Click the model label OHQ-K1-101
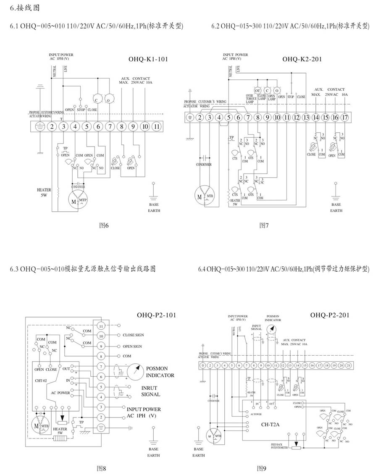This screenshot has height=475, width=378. (148, 59)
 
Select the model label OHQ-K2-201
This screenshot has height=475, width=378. (302, 59)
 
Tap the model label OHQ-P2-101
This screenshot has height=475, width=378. (156, 315)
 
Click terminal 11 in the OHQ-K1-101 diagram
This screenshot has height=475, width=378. (157, 126)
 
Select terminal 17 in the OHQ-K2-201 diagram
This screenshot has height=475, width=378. (345, 118)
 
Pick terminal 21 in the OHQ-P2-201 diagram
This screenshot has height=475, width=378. (348, 366)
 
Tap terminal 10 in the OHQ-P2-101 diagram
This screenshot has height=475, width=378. (101, 336)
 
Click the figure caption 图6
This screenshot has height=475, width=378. (104, 226)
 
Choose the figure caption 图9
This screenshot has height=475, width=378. (262, 468)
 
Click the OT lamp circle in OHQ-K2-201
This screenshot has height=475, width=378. (257, 91)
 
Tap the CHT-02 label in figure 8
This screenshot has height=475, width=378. (40, 380)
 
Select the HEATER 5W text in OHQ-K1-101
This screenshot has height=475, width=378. (44, 192)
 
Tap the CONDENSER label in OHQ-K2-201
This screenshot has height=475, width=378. (204, 165)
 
